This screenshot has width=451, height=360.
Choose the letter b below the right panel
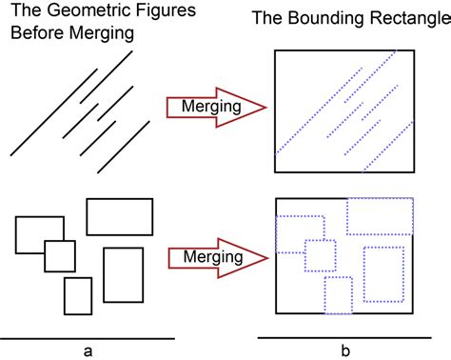pos(344,350)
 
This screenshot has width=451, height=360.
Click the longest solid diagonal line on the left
pos(69,104)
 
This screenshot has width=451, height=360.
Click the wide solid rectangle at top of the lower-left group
pos(119,216)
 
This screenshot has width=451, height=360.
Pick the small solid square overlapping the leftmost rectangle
pos(59,255)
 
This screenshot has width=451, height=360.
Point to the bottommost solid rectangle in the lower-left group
pos(77,296)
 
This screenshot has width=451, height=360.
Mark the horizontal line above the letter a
pos(88,338)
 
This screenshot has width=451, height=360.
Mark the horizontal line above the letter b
pos(344,338)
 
